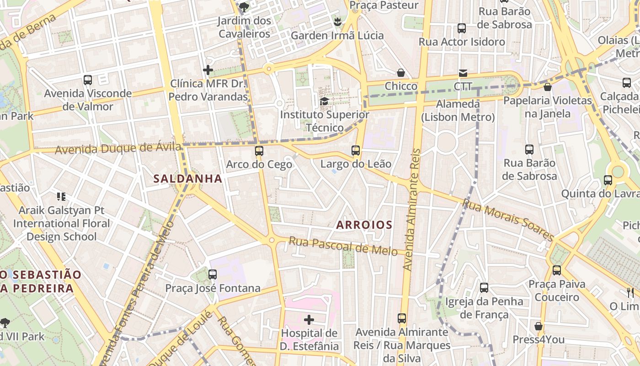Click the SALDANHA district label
[x=188, y=178]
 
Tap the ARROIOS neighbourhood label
[x=364, y=225]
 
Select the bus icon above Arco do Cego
[x=259, y=151]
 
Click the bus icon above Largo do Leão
[x=356, y=150]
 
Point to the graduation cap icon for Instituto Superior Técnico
[x=324, y=101]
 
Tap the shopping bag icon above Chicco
[x=401, y=73]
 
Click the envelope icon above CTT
[x=463, y=73]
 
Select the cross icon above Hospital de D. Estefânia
[x=309, y=319]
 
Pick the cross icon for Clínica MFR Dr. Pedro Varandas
[x=208, y=70]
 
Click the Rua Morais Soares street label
[x=508, y=220]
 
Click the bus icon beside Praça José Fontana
[x=213, y=274]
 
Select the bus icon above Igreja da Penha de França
[x=484, y=288]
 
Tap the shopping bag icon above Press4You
[x=539, y=326]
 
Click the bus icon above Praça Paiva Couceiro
[x=556, y=270]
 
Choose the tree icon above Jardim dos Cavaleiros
[x=244, y=7]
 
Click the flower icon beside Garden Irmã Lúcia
[x=337, y=22]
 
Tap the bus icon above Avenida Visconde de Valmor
[x=88, y=80]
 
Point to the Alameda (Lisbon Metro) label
[x=458, y=110]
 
